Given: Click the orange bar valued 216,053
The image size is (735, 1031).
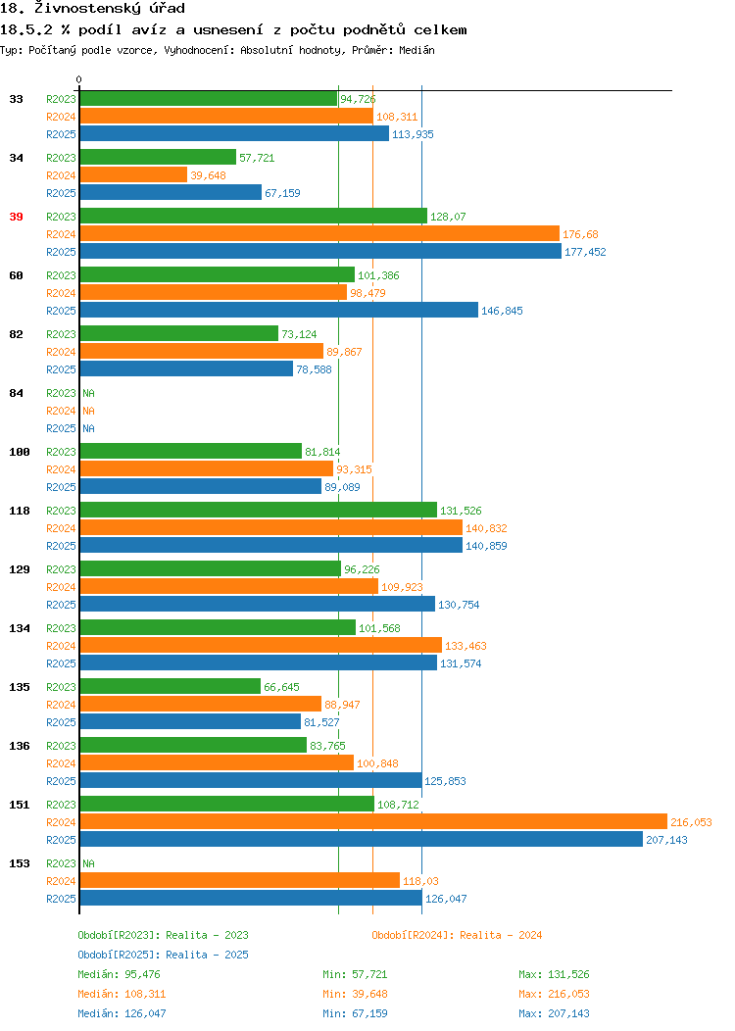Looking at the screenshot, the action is [x=373, y=822].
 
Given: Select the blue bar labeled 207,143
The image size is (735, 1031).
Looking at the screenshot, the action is [x=362, y=840].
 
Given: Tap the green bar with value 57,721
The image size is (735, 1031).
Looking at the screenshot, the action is [x=158, y=157].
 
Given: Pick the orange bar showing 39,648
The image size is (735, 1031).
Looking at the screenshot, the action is [x=133, y=174].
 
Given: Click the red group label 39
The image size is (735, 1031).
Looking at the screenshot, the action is [x=17, y=217].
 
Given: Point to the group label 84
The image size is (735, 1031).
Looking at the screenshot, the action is [x=17, y=393].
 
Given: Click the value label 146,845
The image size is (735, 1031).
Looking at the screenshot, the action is [x=503, y=311].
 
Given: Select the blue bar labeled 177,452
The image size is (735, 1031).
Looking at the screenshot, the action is [x=320, y=252].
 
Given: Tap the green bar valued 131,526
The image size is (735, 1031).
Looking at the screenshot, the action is [x=259, y=511].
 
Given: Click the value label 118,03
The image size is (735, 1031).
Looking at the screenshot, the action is [x=420, y=881].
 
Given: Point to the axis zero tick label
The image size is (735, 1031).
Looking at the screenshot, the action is [x=79, y=80].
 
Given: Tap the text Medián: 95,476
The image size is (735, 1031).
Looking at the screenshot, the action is [x=119, y=974].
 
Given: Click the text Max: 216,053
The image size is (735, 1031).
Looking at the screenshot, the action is [x=555, y=994].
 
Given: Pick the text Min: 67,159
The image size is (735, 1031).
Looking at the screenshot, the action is [x=355, y=1014].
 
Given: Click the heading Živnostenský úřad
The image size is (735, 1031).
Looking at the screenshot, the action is [x=110, y=9].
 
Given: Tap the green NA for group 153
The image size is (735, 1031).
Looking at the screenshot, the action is [x=89, y=863].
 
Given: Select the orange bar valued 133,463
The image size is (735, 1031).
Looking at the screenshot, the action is [x=261, y=646].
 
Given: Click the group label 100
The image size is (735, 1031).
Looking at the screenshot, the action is [x=20, y=453].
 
